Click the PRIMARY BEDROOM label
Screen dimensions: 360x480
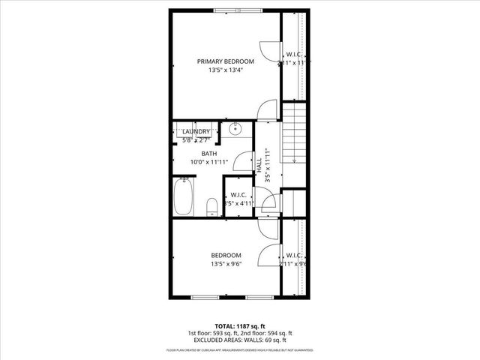click(x=226, y=61)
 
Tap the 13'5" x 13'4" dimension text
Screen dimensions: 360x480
click(x=226, y=71)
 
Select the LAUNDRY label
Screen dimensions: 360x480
click(x=196, y=131)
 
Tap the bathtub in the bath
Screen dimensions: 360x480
click(x=183, y=196)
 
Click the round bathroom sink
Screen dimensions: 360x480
click(x=235, y=128)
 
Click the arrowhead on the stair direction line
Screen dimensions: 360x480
click(x=295, y=160)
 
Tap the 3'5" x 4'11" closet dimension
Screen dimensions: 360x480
click(x=240, y=203)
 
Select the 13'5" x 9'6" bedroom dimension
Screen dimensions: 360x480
click(x=226, y=264)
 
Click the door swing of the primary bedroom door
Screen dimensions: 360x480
click(x=266, y=110)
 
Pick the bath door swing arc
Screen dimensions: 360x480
click(x=242, y=160)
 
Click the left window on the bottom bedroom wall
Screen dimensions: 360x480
click(x=206, y=298)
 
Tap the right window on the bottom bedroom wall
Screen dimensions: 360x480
click(x=259, y=298)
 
